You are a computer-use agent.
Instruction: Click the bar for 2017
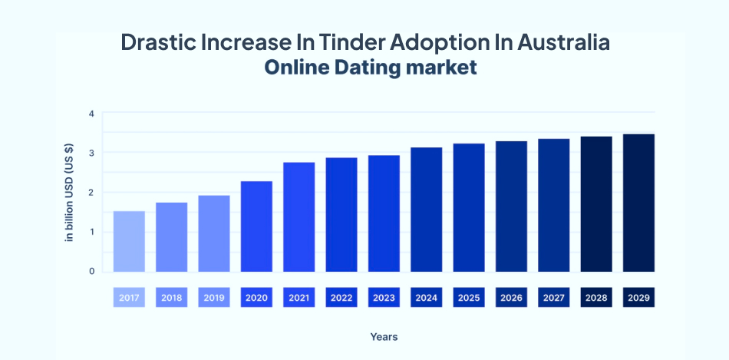[x=129, y=241]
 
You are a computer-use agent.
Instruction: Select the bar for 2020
[x=256, y=226]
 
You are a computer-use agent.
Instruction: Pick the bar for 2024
[x=426, y=209]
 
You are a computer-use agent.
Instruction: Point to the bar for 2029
[x=638, y=203]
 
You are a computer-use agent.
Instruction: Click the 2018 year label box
[x=171, y=297]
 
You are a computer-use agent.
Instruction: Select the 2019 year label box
[x=214, y=297]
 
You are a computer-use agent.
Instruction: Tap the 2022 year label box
[x=341, y=297]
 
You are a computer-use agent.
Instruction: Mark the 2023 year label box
[x=384, y=297]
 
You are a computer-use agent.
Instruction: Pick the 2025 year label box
[x=469, y=297]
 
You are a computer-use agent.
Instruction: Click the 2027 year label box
[x=553, y=297]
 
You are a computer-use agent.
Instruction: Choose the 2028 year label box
[x=596, y=297]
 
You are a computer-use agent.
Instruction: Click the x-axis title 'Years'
[x=384, y=337]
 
